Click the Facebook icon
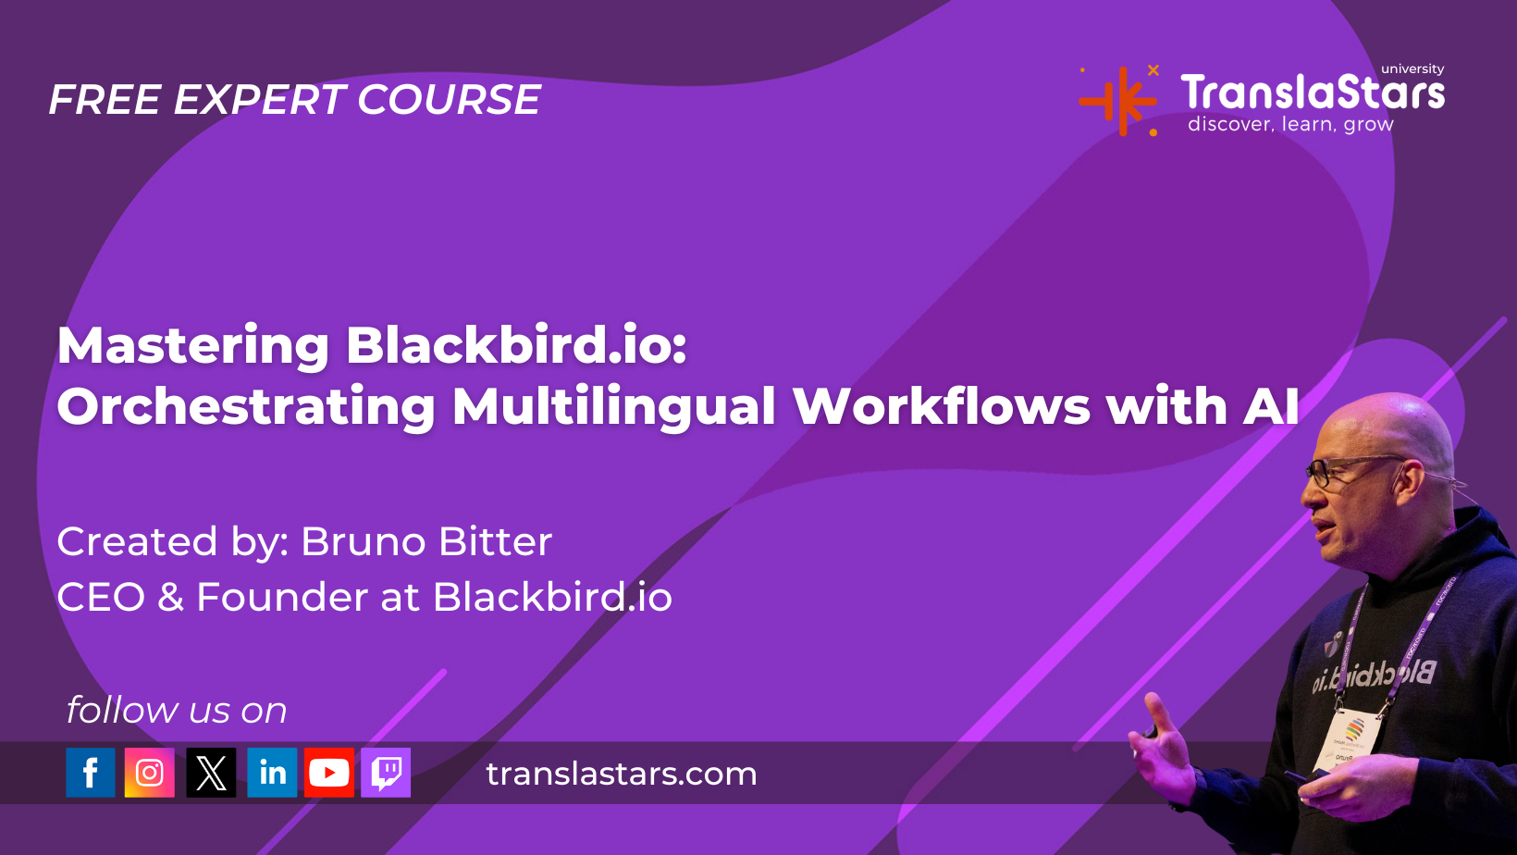[90, 773]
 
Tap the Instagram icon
[149, 773]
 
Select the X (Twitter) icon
[211, 773]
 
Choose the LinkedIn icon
[272, 773]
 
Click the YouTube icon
[329, 773]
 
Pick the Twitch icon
[386, 773]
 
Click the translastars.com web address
[622, 774]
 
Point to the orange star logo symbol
[1119, 100]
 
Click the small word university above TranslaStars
[1412, 69]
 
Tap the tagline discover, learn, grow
[1290, 125]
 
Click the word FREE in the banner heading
[105, 100]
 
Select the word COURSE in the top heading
[449, 100]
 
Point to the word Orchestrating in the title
[246, 406]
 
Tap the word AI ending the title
[1271, 406]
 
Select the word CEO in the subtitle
[101, 597]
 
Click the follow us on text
[177, 710]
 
